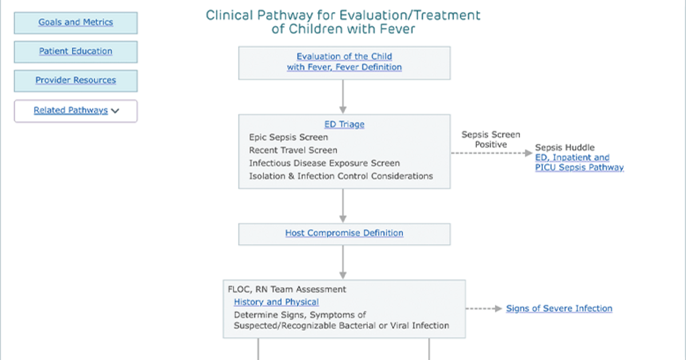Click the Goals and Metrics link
[x=75, y=22]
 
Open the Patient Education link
[x=75, y=51]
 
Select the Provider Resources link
[x=75, y=80]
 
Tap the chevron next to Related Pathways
[x=115, y=111]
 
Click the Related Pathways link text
[x=71, y=110]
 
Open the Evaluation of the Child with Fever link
[x=344, y=62]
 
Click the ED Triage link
[x=344, y=125]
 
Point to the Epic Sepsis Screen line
[x=289, y=137]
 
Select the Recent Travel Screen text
[x=293, y=150]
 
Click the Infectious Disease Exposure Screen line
[x=324, y=163]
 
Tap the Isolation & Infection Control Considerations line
[x=341, y=176]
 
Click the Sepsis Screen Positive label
[x=490, y=139]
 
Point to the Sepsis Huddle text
[x=565, y=147]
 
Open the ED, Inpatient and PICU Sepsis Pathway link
[x=580, y=162]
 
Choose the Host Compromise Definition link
[x=344, y=233]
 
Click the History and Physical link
[x=276, y=302]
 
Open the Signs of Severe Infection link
[x=559, y=308]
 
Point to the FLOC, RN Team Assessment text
[x=287, y=289]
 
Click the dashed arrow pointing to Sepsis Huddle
[x=492, y=153]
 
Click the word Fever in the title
[x=397, y=29]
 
